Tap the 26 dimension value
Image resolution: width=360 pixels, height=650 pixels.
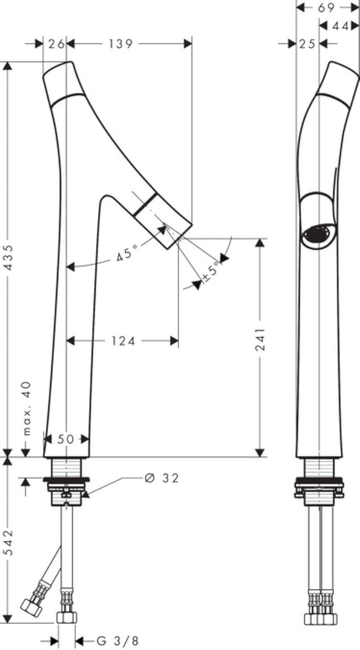point(56,44)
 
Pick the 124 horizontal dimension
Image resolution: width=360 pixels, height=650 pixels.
point(123,341)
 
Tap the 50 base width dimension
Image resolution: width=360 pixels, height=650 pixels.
point(65,439)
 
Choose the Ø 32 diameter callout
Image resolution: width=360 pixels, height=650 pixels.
point(161,478)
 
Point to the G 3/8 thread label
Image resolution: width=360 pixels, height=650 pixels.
point(117,640)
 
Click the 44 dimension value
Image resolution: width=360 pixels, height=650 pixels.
point(340,26)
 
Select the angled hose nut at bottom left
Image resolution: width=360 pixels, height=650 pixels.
point(31,605)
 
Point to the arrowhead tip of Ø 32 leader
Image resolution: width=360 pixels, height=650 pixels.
point(83,495)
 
